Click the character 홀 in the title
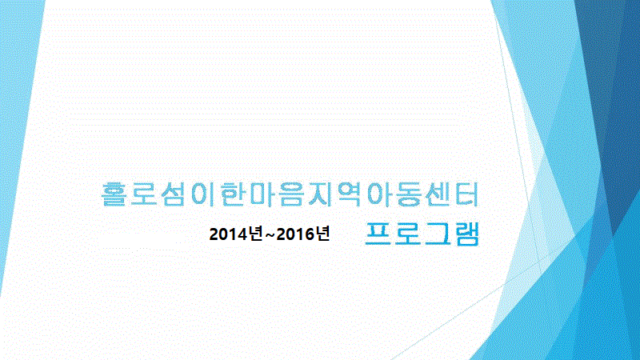114,194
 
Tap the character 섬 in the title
173,194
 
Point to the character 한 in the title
233,194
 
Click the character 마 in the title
263,194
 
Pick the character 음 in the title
292,194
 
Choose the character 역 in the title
350,194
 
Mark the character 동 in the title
410,194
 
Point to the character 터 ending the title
468,194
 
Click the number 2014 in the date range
229,234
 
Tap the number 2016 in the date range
295,234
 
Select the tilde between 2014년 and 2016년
270,235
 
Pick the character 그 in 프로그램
438,234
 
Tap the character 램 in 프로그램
467,234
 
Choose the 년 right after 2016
322,234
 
